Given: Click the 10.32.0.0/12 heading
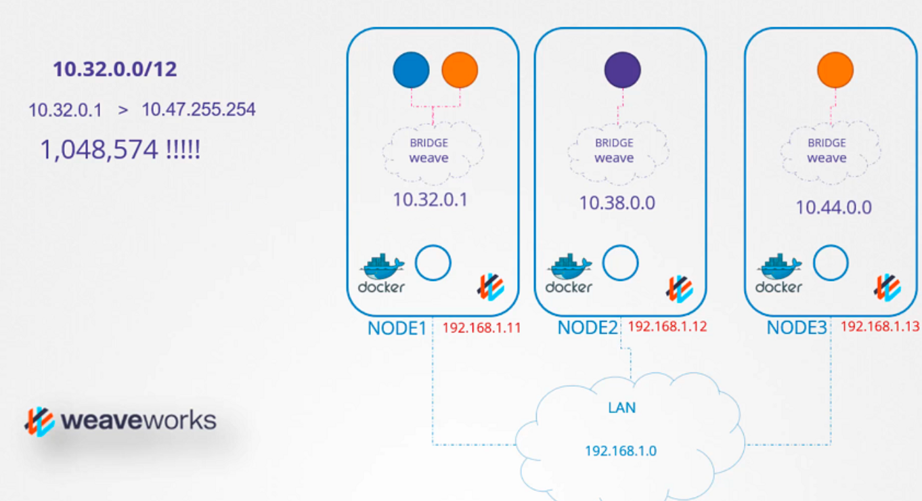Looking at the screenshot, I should pos(115,69).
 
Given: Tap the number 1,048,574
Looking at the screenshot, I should pos(99,150).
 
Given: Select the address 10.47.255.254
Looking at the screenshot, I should pos(198,110).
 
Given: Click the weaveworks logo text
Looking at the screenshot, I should pos(138,420).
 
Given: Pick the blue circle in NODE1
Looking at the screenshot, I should pos(411,70).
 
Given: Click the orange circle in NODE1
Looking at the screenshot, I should pos(460,70).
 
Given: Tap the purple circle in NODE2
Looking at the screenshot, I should pos(622,70).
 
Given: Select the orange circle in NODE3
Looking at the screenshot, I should pos(835,70).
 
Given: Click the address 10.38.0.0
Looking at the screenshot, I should pos(617,203).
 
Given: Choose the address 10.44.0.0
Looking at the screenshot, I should pos(833,207).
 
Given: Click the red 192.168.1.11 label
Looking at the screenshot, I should pos(481,328).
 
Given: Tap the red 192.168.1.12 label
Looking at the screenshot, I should pos(667,326).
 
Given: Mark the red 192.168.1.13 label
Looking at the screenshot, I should pos(880,326).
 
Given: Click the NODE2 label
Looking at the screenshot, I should pos(588,328).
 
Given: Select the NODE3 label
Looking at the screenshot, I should pos(797,328).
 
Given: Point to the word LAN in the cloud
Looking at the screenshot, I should pos(622,408).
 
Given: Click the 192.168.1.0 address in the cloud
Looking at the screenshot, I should pos(621,451).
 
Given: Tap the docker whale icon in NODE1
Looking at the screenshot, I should pos(381,266).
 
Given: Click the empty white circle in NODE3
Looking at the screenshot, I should pos(831,263).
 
